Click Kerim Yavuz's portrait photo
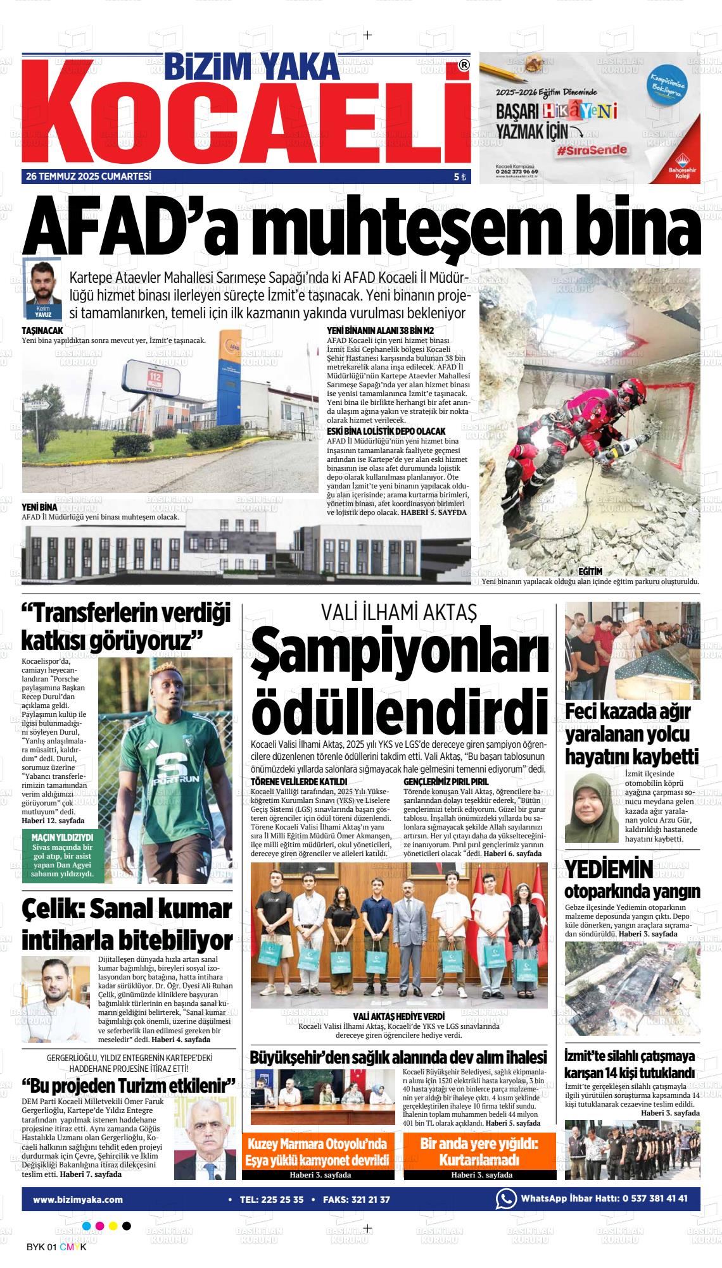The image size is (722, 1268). (42, 283)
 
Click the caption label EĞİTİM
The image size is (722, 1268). (590, 571)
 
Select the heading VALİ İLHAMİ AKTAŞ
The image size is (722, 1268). (398, 612)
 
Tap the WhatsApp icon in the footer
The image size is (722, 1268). (505, 1199)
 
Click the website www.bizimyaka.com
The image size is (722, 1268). (78, 1199)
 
